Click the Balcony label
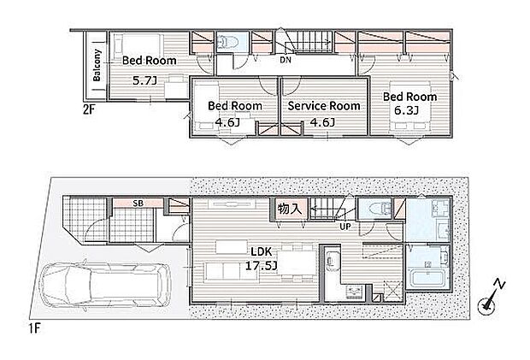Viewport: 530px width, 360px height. [97, 65]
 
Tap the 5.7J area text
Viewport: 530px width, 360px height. [144, 80]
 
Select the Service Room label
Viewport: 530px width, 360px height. [324, 106]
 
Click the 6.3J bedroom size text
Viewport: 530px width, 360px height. [406, 110]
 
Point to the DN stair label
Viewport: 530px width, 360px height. [286, 60]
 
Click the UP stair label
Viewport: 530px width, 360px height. [345, 227]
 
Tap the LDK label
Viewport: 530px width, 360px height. [261, 251]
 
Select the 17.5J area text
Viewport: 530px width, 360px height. [261, 266]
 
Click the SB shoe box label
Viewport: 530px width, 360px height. [138, 204]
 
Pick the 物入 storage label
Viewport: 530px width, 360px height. [289, 209]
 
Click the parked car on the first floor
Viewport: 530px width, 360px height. [104, 285]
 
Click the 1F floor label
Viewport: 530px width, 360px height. [34, 328]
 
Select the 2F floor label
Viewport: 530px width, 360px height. [89, 109]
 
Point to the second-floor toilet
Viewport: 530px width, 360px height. [229, 42]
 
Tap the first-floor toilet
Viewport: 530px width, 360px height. [376, 209]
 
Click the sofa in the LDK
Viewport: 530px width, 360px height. [231, 271]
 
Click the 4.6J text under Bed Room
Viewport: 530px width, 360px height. [227, 122]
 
